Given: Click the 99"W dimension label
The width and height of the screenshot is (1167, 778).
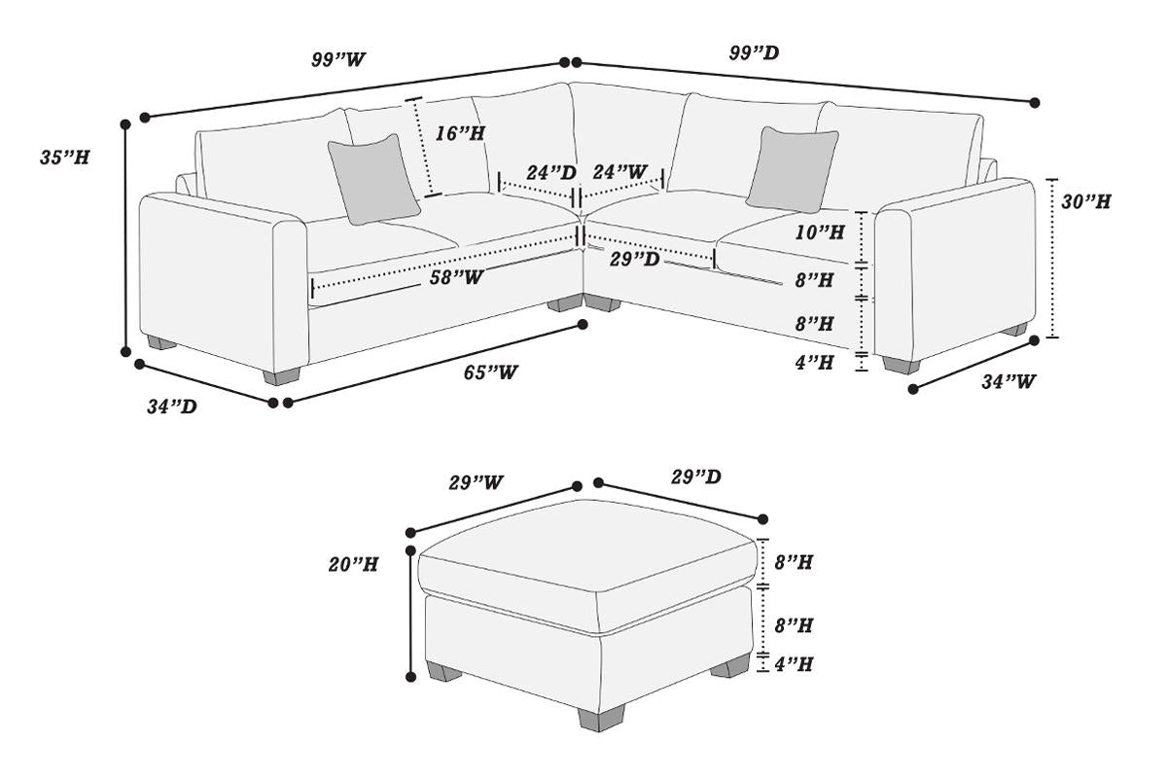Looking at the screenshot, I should coord(338,59).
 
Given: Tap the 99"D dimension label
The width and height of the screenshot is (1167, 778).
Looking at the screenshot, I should coord(754,53).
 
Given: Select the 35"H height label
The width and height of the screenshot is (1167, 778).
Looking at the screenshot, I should coord(65,158).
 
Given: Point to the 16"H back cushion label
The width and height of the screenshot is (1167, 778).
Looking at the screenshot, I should coord(460,134).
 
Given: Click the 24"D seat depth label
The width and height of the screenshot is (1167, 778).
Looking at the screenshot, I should coord(551,172).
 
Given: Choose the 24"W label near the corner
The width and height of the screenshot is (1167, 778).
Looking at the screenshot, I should coord(619,172).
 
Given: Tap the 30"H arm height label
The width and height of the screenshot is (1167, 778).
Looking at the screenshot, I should coord(1085,202).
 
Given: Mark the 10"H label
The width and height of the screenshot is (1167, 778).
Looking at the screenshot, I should coord(818,232).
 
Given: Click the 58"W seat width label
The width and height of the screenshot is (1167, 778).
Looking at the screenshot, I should coord(457,277).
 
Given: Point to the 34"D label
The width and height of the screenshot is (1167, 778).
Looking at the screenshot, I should coord(172,407).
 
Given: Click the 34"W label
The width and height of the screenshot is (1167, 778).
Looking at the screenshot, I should coord(1008,382).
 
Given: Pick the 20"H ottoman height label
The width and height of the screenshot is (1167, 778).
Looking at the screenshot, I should coord(353,564).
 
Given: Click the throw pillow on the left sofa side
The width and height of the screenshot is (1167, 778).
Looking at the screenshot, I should coord(373,178).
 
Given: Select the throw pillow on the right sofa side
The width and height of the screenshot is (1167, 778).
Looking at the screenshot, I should coord(793,168).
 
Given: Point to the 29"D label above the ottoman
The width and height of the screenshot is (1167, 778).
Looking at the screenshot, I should coord(695,477).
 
